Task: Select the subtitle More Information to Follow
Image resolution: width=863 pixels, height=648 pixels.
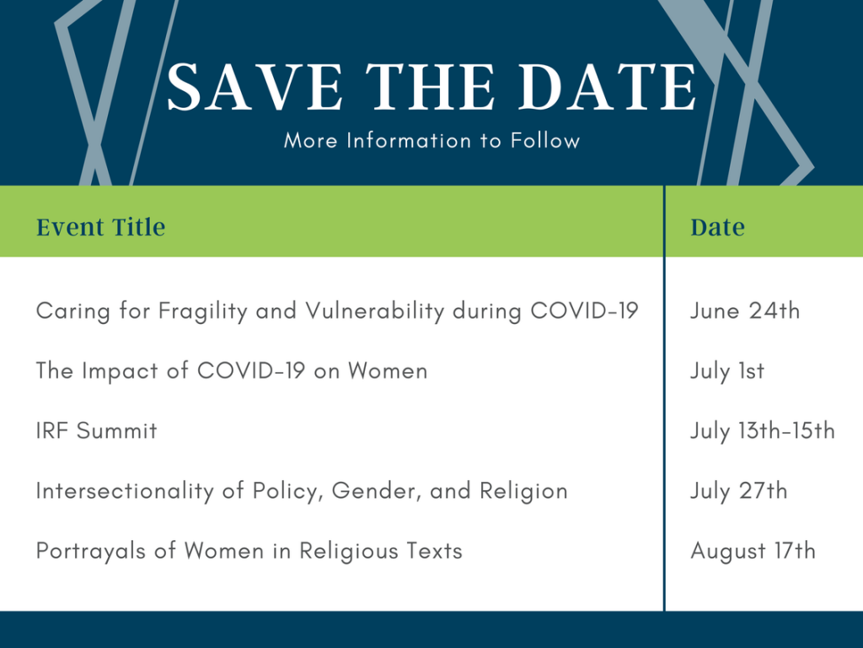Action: point(432,141)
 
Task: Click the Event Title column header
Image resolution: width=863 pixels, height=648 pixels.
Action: point(101,227)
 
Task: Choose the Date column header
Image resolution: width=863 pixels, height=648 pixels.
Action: point(718,227)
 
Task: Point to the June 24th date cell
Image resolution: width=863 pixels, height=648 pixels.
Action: point(745,310)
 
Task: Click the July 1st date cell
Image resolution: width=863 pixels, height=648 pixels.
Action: point(727,371)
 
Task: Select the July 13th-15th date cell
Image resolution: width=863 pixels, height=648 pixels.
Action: point(763,431)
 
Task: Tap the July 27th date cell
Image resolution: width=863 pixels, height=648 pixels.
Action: point(739,491)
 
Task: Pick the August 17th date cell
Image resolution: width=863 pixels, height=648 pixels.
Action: point(753,551)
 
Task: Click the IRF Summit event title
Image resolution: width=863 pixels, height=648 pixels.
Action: point(97,431)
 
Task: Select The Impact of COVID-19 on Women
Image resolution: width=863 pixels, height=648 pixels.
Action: point(232,371)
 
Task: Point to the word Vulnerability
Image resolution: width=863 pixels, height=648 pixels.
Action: point(375,311)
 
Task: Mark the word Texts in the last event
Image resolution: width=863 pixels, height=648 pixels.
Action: point(435,551)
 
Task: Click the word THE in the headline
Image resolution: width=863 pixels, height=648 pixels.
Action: point(430,87)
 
